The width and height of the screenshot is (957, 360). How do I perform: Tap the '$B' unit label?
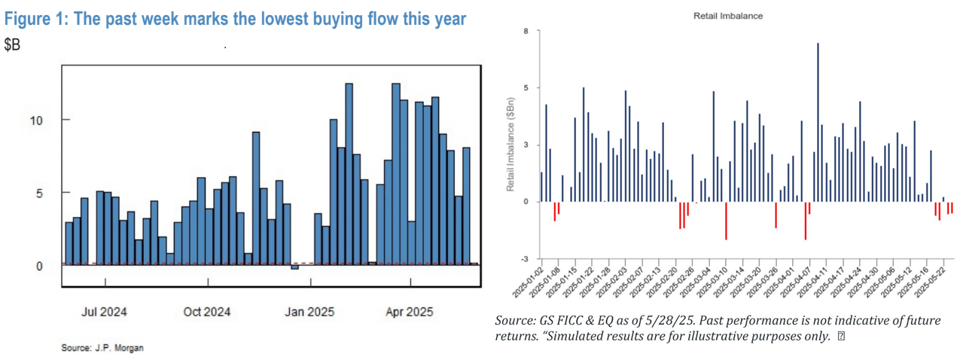pos(14,45)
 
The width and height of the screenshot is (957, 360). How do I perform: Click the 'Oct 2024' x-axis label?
pos(207,311)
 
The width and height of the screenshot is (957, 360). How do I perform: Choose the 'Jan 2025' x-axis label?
pos(309,311)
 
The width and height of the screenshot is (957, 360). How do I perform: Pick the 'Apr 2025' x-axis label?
pos(410,311)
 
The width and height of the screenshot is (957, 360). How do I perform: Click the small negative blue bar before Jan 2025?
pos(295,267)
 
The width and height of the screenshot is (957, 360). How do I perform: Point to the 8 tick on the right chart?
pos(526,31)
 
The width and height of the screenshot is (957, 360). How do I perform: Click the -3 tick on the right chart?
pos(525,258)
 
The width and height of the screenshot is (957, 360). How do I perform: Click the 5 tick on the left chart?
pos(46,193)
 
